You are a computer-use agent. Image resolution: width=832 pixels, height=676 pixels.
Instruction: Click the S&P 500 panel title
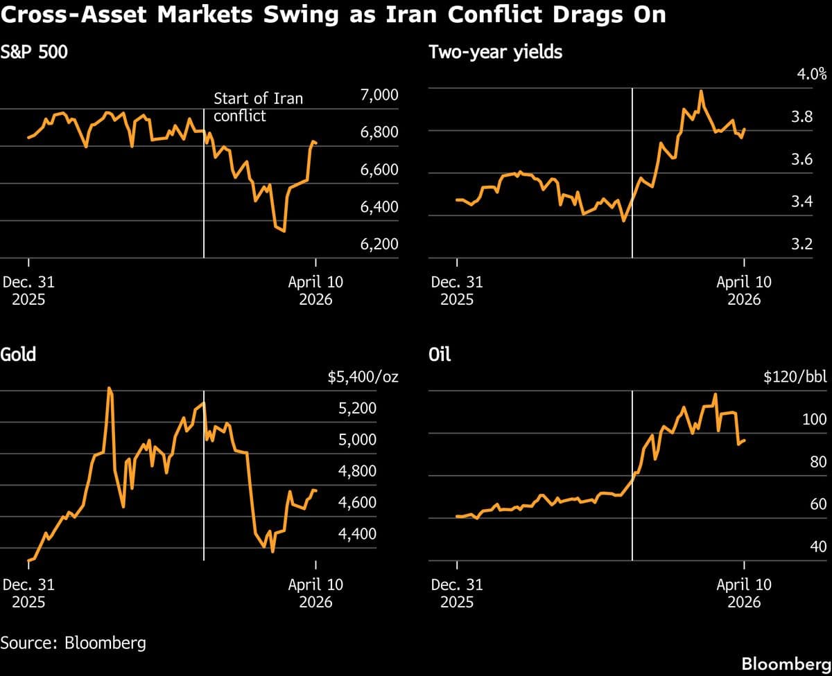tap(34, 52)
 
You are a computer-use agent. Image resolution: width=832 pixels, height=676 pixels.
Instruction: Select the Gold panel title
tap(18, 355)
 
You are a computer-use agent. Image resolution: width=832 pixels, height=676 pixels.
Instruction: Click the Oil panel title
tap(440, 355)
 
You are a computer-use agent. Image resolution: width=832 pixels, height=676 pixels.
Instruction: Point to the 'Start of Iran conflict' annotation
tap(258, 107)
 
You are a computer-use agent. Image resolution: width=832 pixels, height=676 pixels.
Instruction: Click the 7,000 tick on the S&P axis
tap(379, 95)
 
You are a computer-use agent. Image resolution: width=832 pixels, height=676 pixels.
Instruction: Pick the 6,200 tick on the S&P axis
tap(379, 244)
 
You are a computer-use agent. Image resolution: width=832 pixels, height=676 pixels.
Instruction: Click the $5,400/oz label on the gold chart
tap(363, 378)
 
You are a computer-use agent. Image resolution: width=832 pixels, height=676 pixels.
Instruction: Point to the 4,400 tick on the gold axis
tap(357, 534)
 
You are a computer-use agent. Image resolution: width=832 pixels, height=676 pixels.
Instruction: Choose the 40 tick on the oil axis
tap(818, 547)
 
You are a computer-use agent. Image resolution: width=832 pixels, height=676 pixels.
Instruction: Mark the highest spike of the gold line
tap(109, 389)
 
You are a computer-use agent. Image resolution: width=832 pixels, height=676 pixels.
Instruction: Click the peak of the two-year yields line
tap(702, 91)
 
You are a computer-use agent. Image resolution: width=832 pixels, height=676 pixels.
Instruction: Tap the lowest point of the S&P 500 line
tap(284, 231)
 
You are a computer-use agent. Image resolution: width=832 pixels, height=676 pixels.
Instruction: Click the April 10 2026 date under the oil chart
tap(743, 593)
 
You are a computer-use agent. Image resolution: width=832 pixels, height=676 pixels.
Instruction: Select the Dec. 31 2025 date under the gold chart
tap(28, 593)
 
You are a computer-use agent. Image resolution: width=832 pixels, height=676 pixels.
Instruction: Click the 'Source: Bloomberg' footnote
tap(73, 642)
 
